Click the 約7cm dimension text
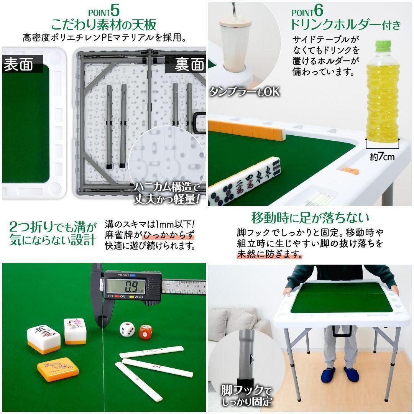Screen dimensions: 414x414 point(382,156)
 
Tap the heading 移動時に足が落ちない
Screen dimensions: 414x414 point(310,218)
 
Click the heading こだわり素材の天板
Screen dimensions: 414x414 point(103,25)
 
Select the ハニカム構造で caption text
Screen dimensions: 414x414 point(168,188)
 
